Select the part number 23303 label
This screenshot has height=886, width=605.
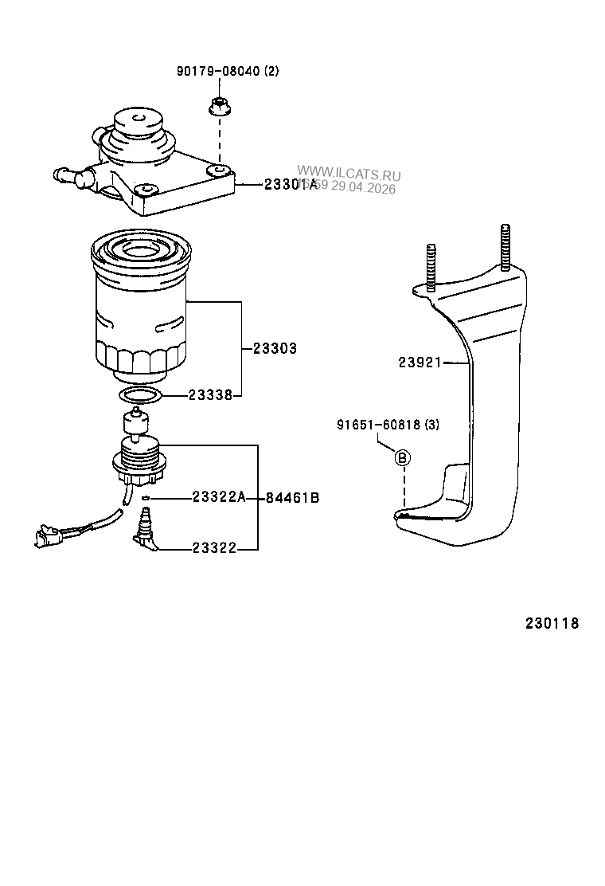coord(275,348)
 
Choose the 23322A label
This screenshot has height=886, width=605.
coord(217,497)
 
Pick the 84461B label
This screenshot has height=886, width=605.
coord(292,498)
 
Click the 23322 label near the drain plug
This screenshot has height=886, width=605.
coord(214,548)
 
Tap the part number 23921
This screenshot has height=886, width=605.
coord(420,363)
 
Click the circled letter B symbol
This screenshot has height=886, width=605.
coord(403,457)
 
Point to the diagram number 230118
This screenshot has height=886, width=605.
coord(552,623)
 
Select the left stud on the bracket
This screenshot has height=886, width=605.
coord(431,266)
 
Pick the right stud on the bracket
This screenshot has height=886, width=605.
coord(505,249)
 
